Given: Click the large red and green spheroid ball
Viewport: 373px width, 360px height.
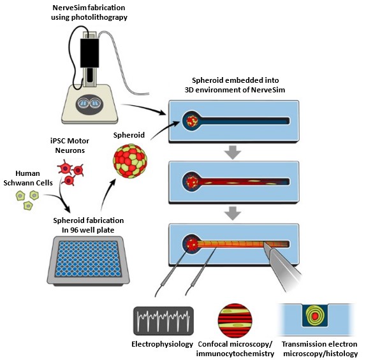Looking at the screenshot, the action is coord(130,161).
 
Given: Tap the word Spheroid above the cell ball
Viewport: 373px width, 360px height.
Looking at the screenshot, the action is coord(129,135).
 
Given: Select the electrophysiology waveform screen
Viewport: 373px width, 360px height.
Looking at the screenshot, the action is coord(163,320).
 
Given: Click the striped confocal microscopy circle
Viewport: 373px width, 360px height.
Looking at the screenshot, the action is coord(235,320).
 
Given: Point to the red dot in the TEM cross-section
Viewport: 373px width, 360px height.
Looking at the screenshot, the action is coord(315,316).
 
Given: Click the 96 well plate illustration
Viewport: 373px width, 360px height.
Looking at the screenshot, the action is coord(88,261).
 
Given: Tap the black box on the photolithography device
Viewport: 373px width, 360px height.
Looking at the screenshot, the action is coord(89,53).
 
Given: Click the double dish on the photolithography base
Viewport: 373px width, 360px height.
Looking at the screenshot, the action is coord(89,104).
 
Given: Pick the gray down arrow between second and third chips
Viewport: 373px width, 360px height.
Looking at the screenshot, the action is coord(233,213).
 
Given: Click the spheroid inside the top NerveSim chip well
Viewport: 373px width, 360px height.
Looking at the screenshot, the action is coord(192,121).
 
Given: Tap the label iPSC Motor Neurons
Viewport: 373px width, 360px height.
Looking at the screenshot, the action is coord(70,145).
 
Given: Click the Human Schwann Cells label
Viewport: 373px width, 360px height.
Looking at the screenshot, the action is coord(28,178).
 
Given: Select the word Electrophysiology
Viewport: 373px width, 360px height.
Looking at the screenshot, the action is coord(162,344).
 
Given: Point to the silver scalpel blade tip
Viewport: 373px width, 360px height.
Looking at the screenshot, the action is coord(264,243).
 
